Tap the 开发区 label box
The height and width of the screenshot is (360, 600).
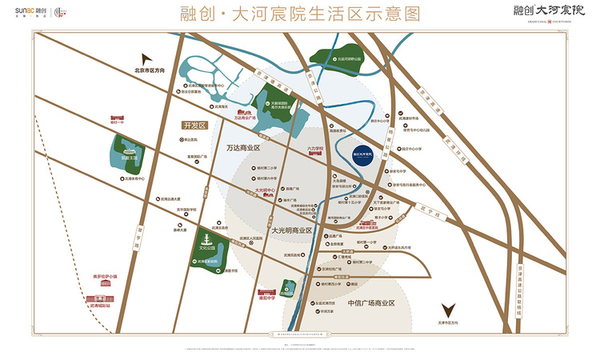point(194,126)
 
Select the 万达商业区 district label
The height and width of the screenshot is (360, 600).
point(244,148)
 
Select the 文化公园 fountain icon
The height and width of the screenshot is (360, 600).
point(207,240)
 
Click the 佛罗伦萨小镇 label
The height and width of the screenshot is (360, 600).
point(105,278)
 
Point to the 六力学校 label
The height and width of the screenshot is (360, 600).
point(315,148)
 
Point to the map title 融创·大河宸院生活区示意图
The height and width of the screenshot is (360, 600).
point(300,14)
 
